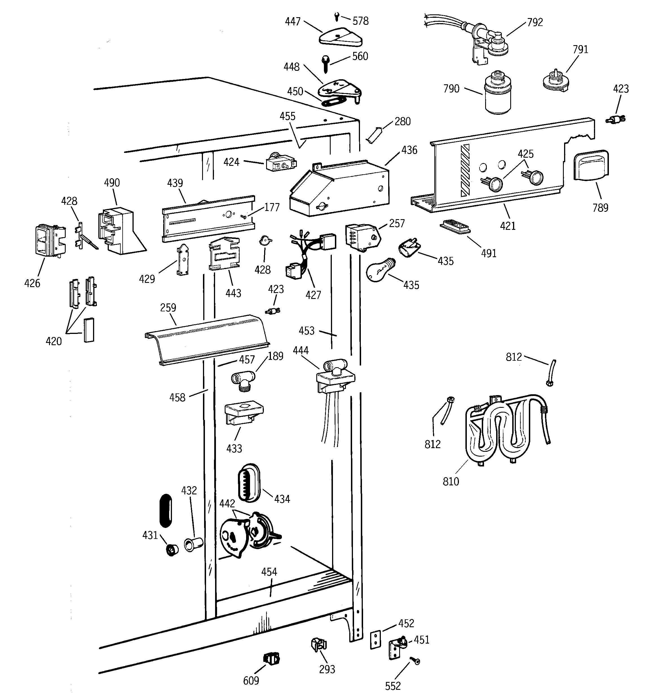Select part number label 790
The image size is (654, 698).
(x=451, y=89)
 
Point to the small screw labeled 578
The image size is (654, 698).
(x=337, y=16)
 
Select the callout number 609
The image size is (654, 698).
(x=251, y=681)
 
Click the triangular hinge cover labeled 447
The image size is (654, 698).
(x=341, y=37)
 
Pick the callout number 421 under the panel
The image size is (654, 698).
(x=508, y=226)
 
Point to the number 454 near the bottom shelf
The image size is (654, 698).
(x=269, y=572)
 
